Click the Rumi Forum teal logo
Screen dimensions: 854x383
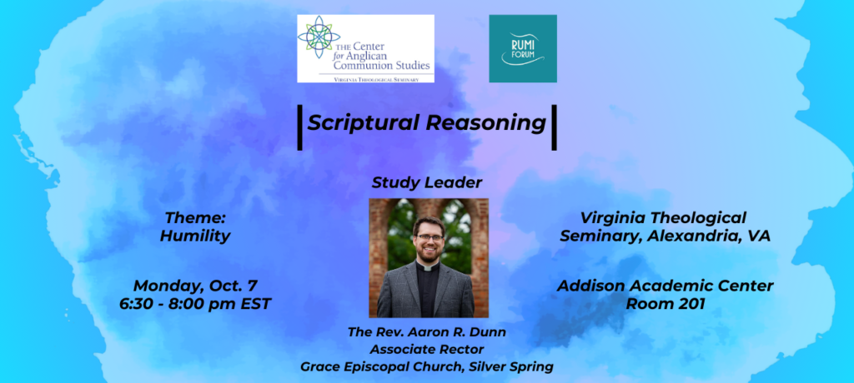523,48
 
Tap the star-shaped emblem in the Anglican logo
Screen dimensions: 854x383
319,37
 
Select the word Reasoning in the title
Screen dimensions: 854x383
486,123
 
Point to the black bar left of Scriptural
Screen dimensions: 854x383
299,127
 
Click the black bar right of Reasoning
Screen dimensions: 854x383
555,127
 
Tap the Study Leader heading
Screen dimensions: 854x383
427,183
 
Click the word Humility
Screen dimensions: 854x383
195,236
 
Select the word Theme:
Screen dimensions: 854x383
195,218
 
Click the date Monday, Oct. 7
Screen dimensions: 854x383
195,285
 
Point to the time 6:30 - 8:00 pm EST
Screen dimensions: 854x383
195,304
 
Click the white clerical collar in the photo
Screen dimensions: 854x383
428,266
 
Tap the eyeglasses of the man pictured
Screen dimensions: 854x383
429,238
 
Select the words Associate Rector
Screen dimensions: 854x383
427,349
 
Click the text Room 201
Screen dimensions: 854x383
666,304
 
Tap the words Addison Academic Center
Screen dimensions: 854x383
666,286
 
